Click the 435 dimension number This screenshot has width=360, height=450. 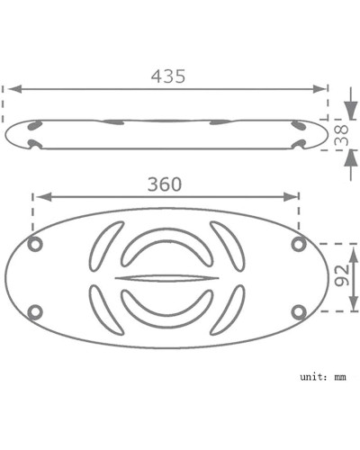pos(168,76)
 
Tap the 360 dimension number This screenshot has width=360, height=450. pos(165,184)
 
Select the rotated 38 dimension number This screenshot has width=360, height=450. pos(342,135)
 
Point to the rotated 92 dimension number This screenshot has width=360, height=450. pos(342,275)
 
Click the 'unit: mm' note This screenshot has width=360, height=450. pos(323,377)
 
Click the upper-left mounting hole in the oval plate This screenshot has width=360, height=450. pos(35,244)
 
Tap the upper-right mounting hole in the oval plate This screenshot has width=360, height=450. pos(299,244)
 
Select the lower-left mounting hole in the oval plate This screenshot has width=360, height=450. pos(35,312)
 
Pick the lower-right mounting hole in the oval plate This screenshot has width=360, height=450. pos(299,312)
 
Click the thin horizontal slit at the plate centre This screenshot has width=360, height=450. pos(166,278)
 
